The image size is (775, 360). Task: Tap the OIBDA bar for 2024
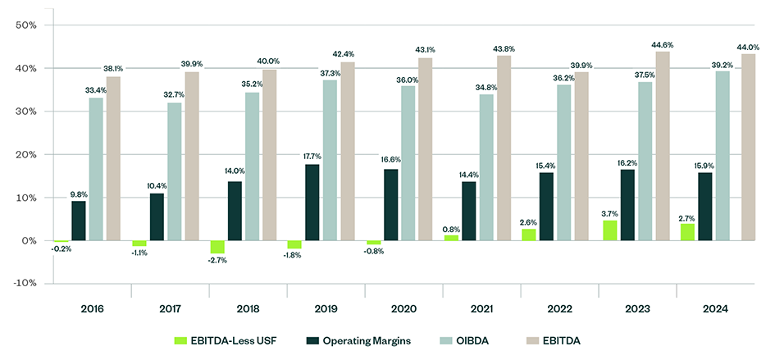point(723,156)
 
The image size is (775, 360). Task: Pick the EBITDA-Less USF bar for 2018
point(217,247)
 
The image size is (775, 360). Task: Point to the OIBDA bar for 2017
point(174,171)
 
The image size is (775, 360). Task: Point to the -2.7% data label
point(218,260)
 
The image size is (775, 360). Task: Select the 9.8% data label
point(79,194)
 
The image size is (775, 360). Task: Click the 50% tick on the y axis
point(26,25)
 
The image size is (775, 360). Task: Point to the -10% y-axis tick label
point(25,284)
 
